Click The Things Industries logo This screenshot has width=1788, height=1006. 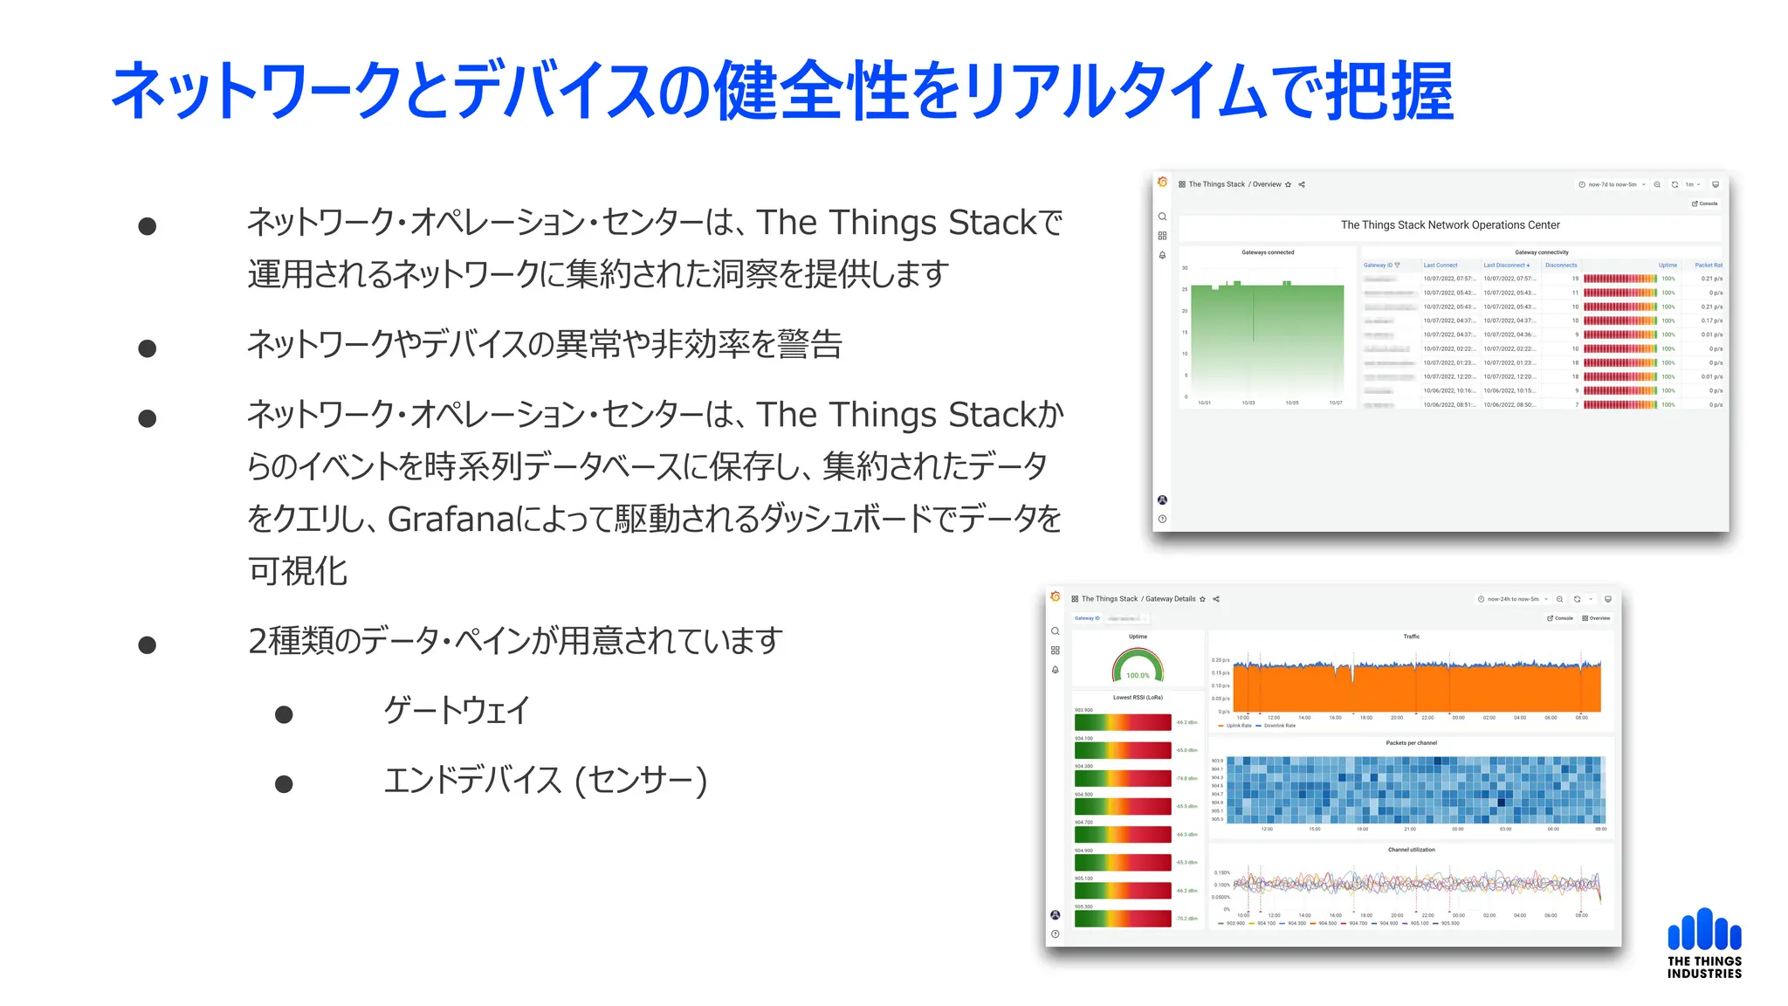coord(1704,943)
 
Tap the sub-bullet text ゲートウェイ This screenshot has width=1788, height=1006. coord(457,710)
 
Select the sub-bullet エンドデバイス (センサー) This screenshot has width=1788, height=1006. coord(545,781)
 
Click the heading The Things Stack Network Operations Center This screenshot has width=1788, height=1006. coord(1450,225)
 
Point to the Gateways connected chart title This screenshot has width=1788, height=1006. coord(1268,252)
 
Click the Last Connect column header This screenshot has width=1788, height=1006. coord(1441,265)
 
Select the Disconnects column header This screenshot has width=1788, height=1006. coord(1561,265)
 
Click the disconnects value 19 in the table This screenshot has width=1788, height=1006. coord(1575,279)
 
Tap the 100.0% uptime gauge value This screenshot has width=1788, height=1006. coord(1138,675)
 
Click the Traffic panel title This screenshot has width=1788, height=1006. coord(1412,637)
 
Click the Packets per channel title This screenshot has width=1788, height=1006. coord(1411,743)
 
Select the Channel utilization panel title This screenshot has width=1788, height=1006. coord(1411,850)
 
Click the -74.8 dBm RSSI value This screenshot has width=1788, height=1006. coord(1186,778)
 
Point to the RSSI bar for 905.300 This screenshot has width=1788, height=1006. coord(1123,919)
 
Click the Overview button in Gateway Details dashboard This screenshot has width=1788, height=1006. coord(1597,618)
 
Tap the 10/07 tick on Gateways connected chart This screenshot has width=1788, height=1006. coord(1336,403)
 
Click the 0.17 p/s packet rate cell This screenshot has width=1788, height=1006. coord(1711,320)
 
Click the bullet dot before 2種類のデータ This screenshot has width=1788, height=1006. coord(148,645)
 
